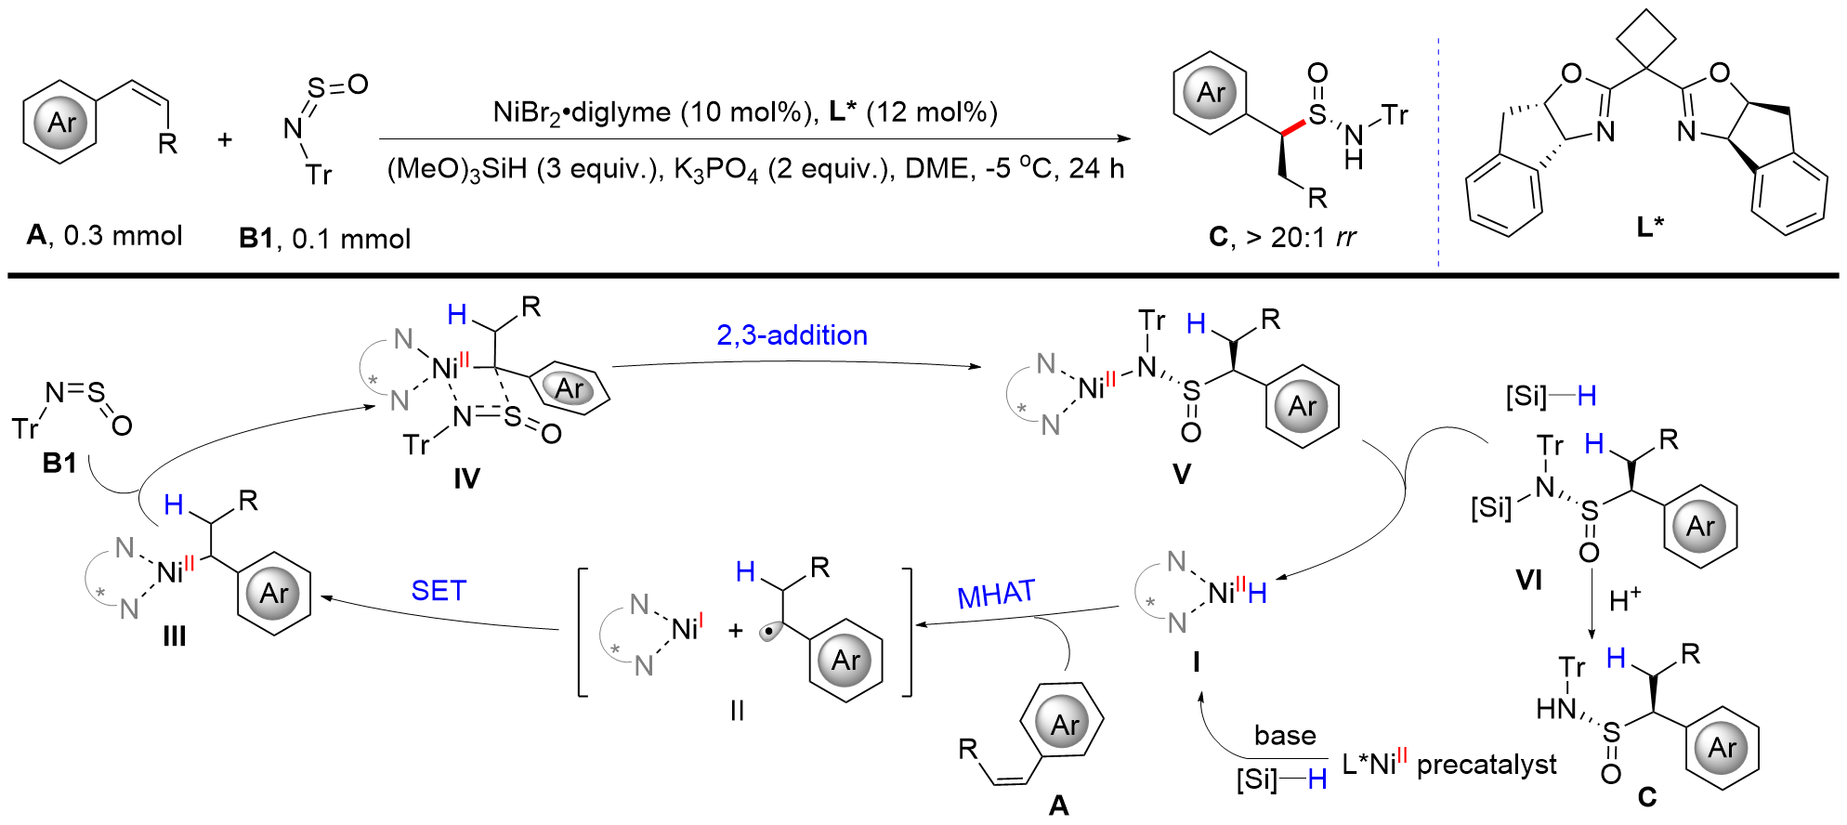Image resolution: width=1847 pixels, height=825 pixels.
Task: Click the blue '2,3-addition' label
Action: (x=792, y=335)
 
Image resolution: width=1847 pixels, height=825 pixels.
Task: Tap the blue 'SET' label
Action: (x=439, y=591)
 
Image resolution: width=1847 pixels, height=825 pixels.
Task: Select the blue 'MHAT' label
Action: (x=996, y=595)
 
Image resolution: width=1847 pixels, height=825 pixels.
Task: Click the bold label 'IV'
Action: (x=466, y=478)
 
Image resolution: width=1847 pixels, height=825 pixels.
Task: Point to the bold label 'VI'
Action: (x=1528, y=581)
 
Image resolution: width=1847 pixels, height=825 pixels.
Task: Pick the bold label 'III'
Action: (x=174, y=636)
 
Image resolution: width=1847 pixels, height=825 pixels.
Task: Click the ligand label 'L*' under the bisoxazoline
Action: (x=1650, y=227)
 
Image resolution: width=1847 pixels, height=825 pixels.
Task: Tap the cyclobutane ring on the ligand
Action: (x=1646, y=39)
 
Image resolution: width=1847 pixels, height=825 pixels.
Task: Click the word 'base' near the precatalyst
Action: (x=1285, y=736)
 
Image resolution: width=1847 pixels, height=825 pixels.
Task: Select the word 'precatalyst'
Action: (x=1487, y=765)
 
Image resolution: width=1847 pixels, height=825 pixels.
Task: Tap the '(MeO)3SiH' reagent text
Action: (x=456, y=170)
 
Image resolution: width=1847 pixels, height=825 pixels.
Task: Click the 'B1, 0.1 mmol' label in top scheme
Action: (x=324, y=239)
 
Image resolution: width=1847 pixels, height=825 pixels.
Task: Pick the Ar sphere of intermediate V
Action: (x=1302, y=406)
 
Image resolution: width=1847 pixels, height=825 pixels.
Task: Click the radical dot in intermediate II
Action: (x=770, y=633)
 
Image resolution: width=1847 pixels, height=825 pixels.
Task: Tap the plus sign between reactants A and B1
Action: (x=225, y=140)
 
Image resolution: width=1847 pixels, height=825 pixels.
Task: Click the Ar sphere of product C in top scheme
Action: (x=1211, y=93)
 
